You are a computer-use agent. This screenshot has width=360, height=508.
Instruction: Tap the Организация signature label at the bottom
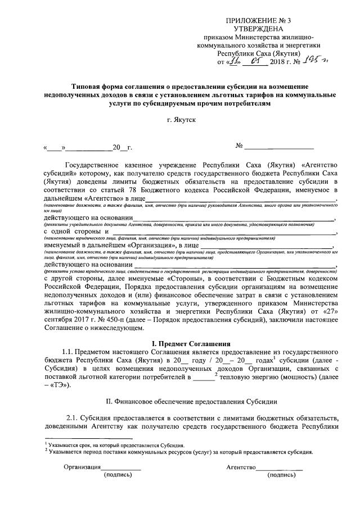(82, 467)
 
